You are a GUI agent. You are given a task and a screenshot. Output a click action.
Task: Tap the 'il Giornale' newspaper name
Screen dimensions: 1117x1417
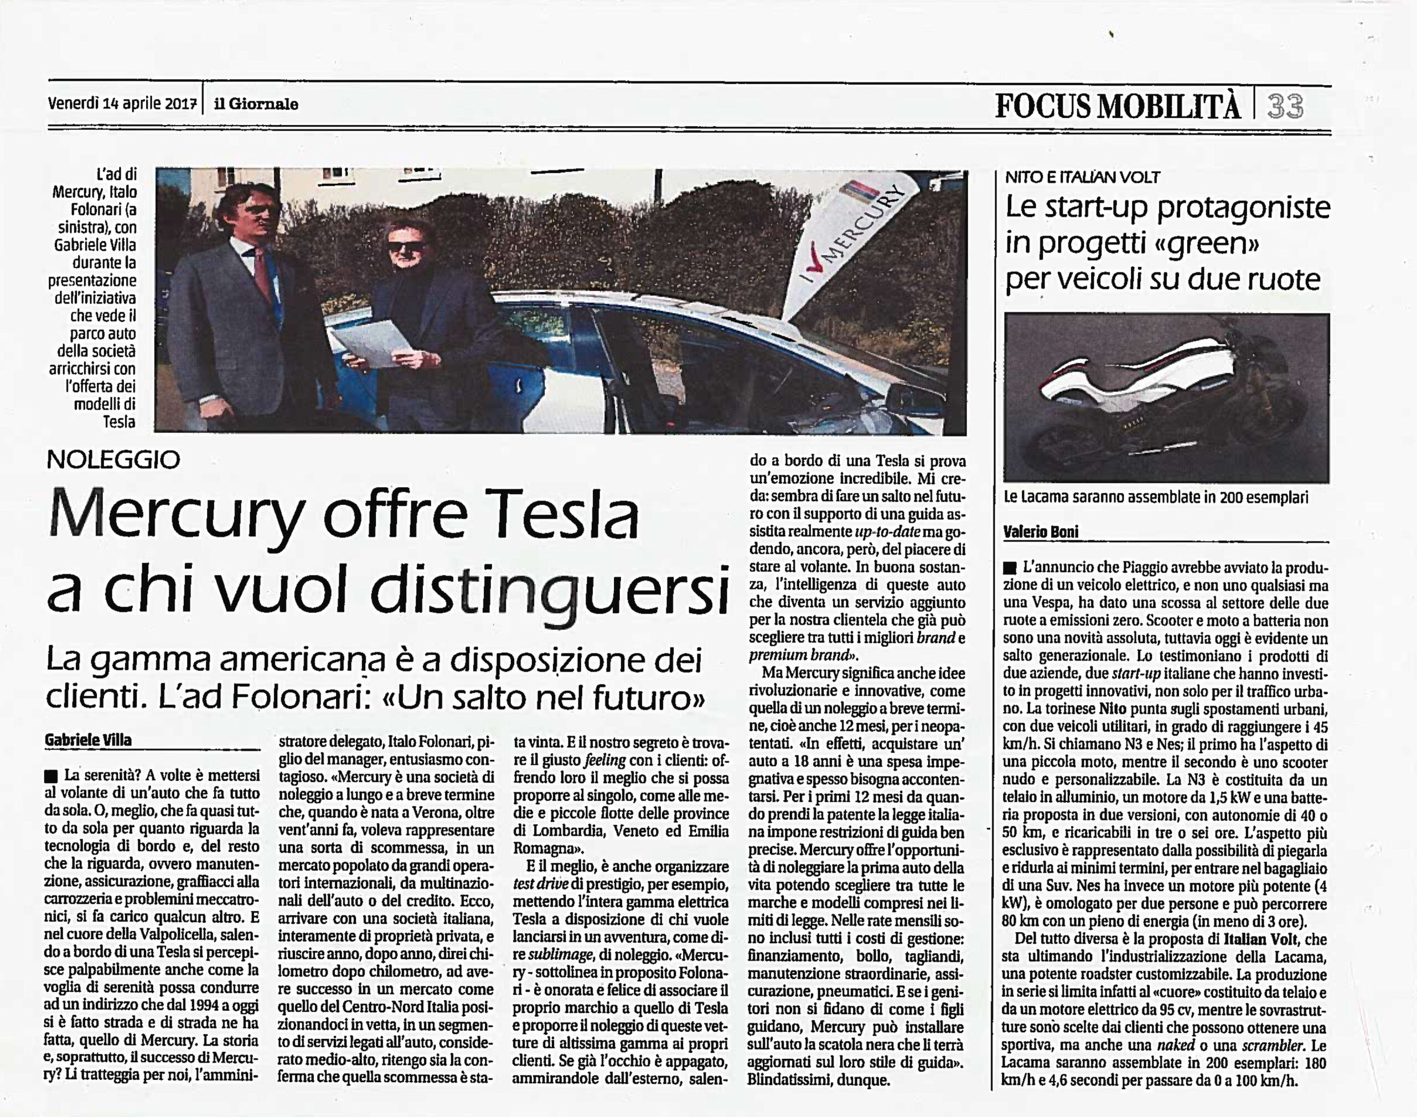256,104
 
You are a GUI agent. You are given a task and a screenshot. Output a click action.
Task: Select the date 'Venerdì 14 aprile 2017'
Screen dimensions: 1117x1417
122,104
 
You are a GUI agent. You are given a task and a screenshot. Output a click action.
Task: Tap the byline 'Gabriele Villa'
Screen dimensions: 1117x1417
88,740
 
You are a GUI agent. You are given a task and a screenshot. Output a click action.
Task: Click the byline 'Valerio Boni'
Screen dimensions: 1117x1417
1041,532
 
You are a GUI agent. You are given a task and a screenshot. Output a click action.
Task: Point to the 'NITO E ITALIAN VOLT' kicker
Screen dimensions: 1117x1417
1082,177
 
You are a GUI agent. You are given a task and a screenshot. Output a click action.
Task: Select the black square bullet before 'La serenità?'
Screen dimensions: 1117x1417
51,776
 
